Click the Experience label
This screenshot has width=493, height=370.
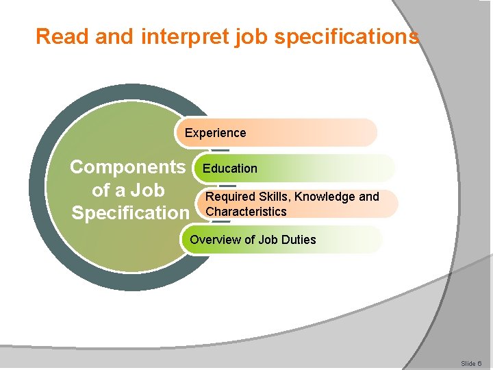point(215,133)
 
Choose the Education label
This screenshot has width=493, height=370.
point(230,169)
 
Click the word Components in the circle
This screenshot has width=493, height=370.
point(128,167)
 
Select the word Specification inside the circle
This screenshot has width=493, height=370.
point(129,213)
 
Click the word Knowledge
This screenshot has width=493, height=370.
point(326,197)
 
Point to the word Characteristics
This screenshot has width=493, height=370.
point(246,212)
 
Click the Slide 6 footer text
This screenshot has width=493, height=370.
point(471,363)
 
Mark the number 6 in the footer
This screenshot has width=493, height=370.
point(479,363)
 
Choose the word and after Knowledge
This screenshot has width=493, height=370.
point(368,197)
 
